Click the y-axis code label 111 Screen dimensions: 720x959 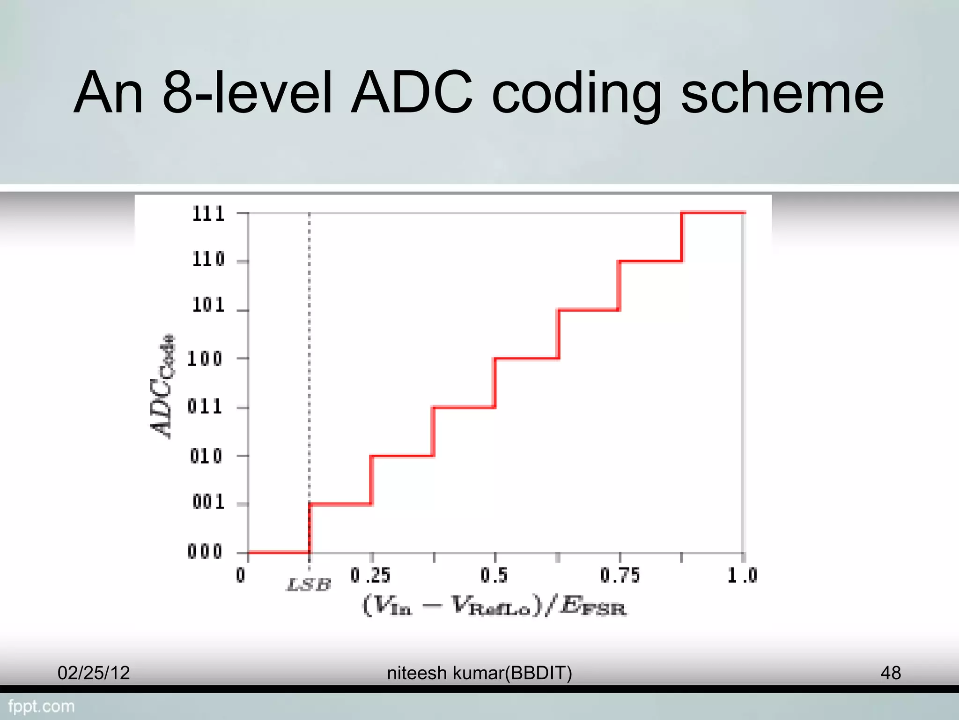208,214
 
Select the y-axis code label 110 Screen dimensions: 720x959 208,259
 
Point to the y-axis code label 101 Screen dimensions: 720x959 208,305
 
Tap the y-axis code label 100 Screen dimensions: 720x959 205,359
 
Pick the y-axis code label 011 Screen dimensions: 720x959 205,406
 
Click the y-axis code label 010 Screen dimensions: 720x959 206,456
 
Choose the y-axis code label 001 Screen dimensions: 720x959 208,502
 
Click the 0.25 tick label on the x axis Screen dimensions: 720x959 370,576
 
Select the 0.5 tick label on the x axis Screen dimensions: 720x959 494,576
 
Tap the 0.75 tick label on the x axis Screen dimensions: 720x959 620,576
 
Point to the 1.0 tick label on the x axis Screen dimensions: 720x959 742,576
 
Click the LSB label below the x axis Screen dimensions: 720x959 309,585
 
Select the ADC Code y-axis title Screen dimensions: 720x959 162,387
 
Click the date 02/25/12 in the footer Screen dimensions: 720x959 94,673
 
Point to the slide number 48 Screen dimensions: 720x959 890,673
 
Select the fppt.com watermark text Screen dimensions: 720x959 41,706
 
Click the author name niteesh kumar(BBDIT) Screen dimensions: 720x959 479,673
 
